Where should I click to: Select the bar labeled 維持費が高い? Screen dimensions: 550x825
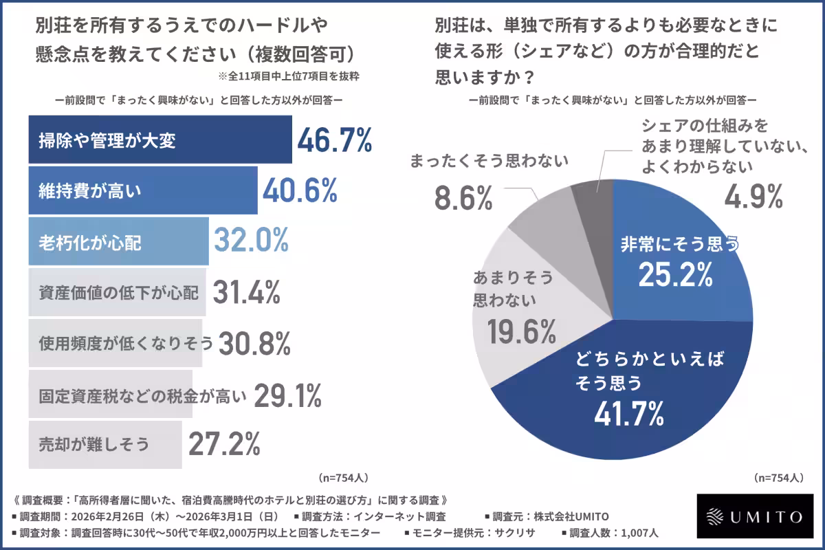[142, 191]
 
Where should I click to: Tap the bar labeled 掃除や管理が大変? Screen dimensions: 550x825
[159, 140]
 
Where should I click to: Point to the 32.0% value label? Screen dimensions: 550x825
[250, 241]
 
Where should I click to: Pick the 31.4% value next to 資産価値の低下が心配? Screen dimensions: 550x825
[245, 292]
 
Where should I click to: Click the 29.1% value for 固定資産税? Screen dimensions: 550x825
[287, 394]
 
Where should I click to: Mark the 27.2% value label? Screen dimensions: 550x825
[224, 444]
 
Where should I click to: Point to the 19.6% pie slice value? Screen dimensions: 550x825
[522, 333]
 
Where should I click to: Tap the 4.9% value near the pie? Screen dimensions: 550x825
[754, 197]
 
